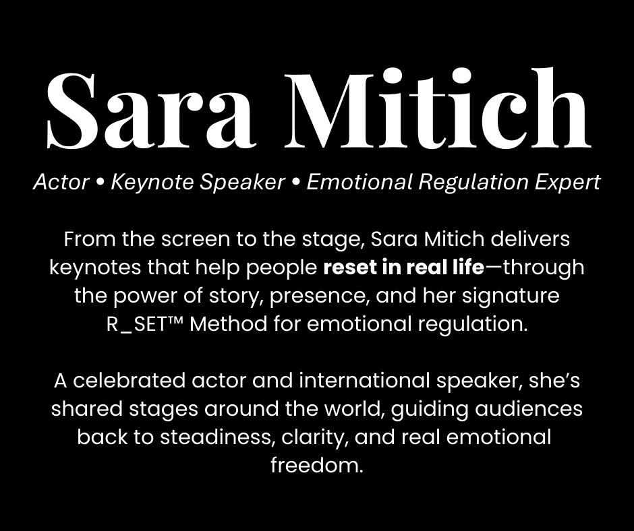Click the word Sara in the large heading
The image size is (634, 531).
151,110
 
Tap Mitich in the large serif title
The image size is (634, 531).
437,107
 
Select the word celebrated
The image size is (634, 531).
129,380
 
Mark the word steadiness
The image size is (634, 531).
218,437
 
